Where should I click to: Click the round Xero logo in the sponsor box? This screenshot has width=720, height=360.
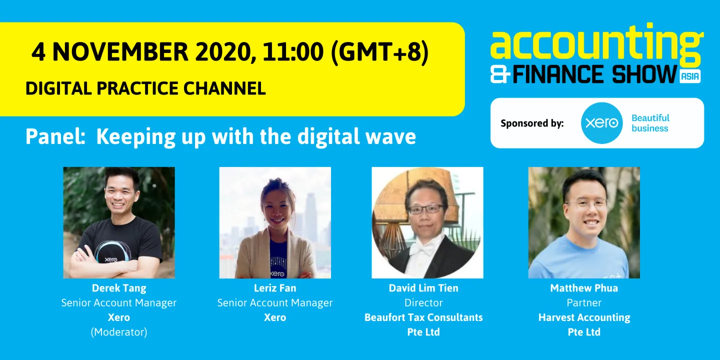[x=601, y=123]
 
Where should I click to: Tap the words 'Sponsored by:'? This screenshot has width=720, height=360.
[x=532, y=123]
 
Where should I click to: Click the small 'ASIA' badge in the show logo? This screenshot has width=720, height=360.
[x=690, y=76]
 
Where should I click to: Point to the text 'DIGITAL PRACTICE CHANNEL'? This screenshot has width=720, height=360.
[x=145, y=88]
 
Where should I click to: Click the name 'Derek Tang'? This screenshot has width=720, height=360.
[x=118, y=288]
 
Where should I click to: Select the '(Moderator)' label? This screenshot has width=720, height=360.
[x=118, y=332]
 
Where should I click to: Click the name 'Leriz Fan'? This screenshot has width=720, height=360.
[x=275, y=288]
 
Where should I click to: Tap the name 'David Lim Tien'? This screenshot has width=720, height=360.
[x=423, y=288]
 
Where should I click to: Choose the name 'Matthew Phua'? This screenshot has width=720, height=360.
[x=584, y=288]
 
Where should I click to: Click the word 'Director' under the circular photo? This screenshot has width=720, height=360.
[x=423, y=302]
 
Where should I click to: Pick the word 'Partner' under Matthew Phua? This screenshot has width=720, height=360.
[x=584, y=302]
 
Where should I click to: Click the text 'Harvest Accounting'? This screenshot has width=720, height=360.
[x=584, y=317]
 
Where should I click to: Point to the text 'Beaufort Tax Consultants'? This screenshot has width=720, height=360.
[x=423, y=317]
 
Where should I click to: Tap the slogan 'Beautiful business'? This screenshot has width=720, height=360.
[x=650, y=123]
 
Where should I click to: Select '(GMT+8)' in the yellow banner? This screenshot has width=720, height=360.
[x=379, y=52]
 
